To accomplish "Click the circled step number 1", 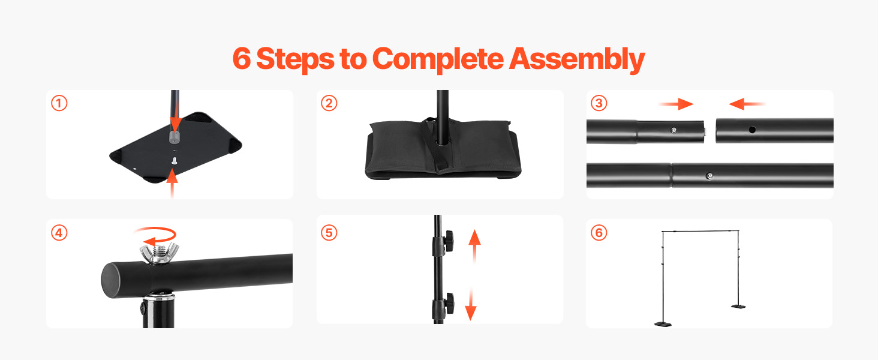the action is click(x=59, y=104).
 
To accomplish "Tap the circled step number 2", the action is click(x=329, y=104).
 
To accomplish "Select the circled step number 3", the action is click(x=599, y=104).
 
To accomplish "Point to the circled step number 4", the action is click(x=59, y=233).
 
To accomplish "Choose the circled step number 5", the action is click(x=329, y=233).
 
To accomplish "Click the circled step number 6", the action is click(x=599, y=233).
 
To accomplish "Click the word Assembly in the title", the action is click(x=577, y=59).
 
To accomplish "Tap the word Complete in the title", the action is click(x=438, y=59).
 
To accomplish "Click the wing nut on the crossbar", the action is click(x=160, y=254).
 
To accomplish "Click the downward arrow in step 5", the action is click(x=471, y=304).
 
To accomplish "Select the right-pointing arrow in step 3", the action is click(x=676, y=104).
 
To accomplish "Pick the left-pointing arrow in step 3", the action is click(x=747, y=104).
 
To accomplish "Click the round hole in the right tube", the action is click(x=752, y=130).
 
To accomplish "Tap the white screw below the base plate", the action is click(x=175, y=160).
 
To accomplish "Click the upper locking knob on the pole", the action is click(x=449, y=242).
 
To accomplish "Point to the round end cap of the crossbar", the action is click(x=112, y=281).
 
